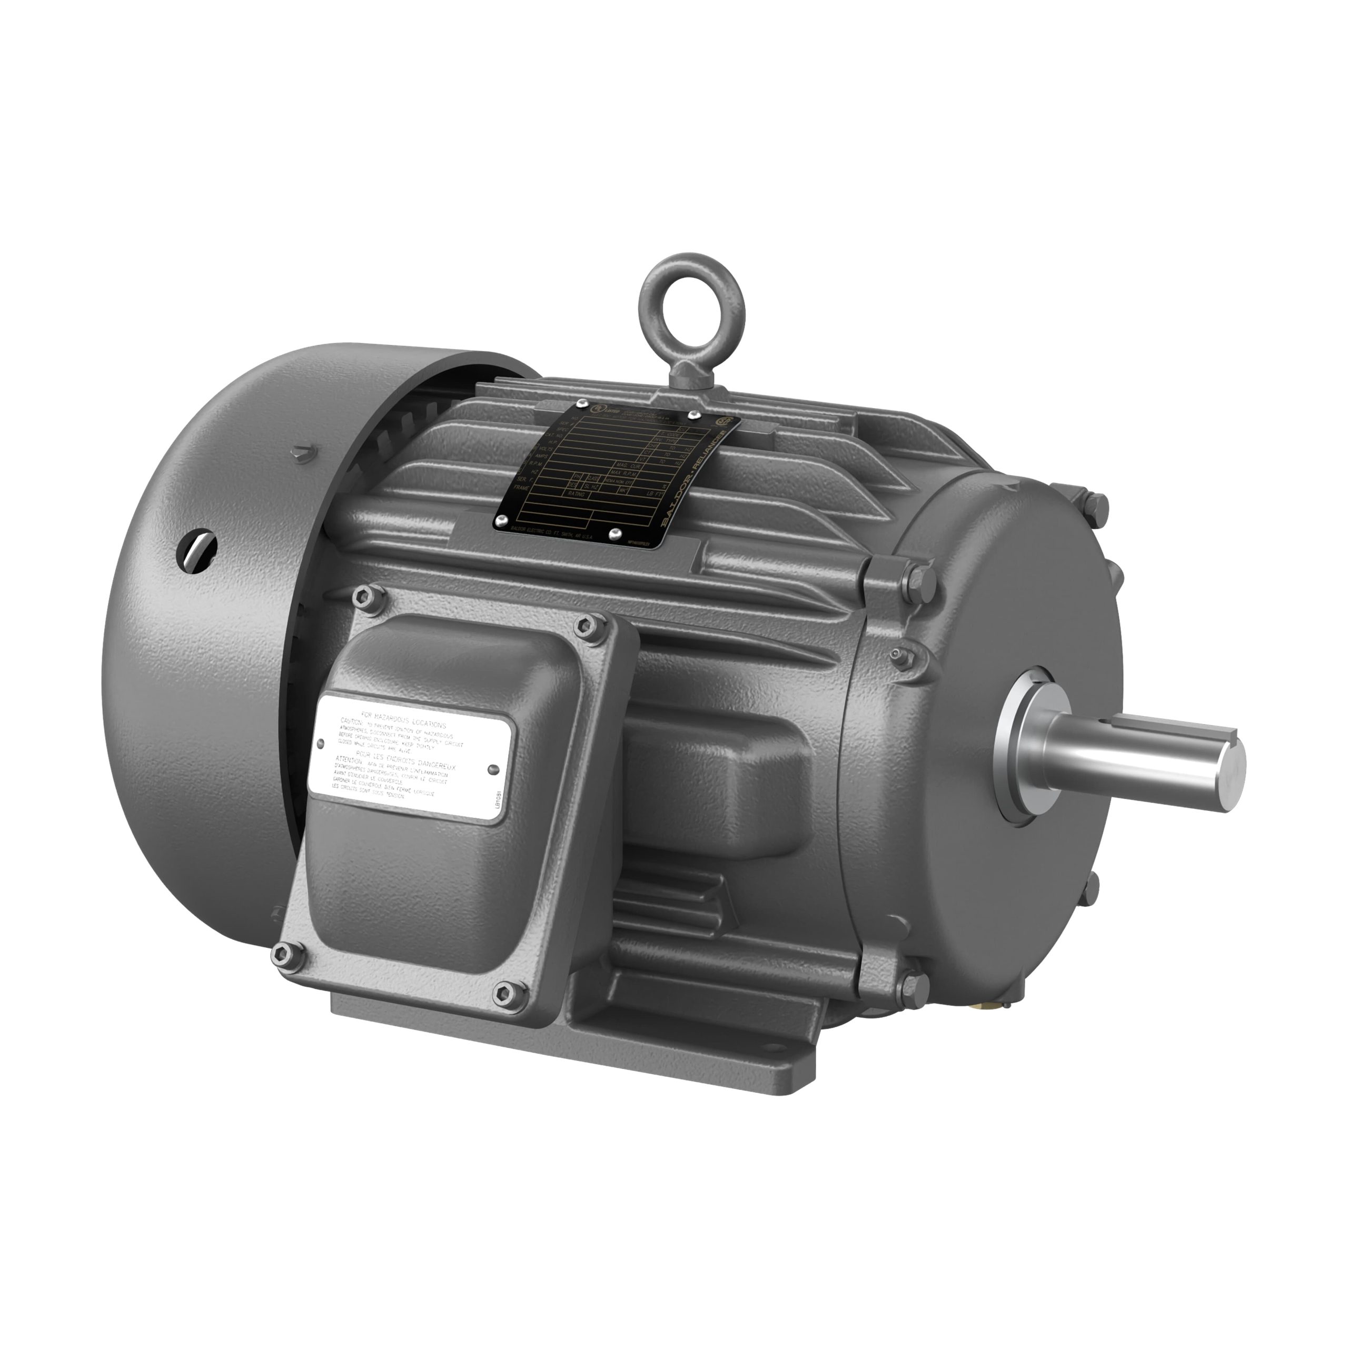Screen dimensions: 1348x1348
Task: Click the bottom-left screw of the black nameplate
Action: click(502, 520)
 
